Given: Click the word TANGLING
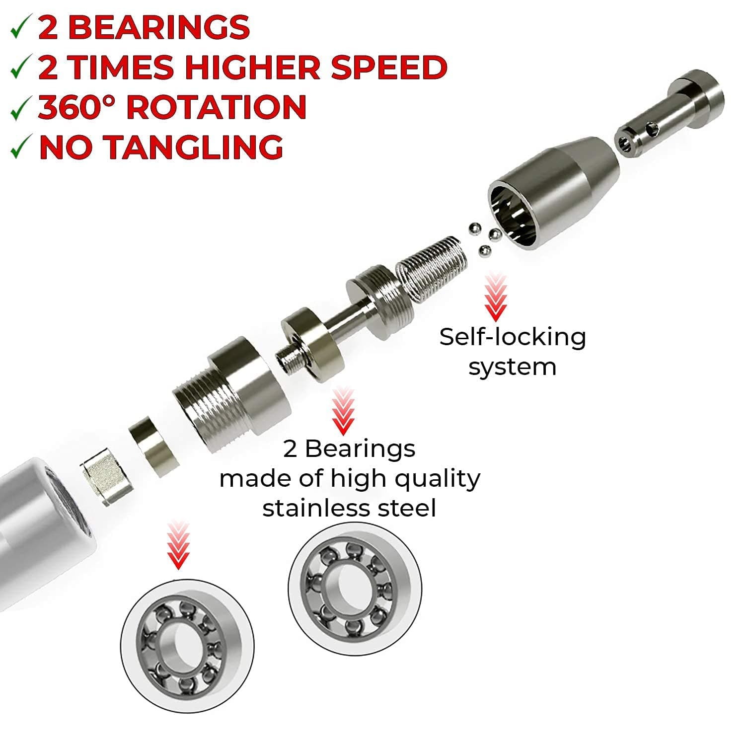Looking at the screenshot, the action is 195,147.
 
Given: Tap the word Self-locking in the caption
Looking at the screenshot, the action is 513,337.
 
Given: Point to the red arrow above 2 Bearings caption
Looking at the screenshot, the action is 343,411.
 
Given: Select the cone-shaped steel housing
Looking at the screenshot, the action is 553,191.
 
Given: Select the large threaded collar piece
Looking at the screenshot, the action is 231,394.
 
